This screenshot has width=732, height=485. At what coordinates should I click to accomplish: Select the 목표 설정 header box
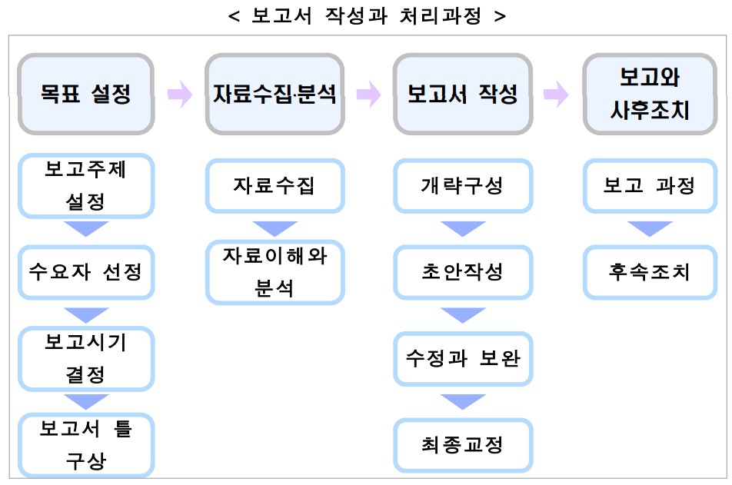pyautogui.click(x=86, y=94)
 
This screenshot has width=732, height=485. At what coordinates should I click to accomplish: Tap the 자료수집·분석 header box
pyautogui.click(x=274, y=94)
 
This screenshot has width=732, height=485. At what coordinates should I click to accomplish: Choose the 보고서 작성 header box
pyautogui.click(x=463, y=94)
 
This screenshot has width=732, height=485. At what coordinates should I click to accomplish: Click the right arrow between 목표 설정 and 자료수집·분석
pyautogui.click(x=180, y=95)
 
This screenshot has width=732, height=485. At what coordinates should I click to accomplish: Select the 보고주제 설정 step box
pyautogui.click(x=86, y=186)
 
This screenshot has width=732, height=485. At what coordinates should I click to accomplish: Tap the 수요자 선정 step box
pyautogui.click(x=86, y=272)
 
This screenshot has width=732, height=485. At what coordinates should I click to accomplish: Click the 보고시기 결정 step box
pyautogui.click(x=86, y=358)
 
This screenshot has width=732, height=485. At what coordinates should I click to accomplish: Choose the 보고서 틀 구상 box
pyautogui.click(x=86, y=445)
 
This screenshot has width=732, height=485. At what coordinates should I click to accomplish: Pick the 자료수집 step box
pyautogui.click(x=274, y=186)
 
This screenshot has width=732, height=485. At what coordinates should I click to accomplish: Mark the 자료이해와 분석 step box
pyautogui.click(x=274, y=272)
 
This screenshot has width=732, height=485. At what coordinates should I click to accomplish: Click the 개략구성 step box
pyautogui.click(x=463, y=186)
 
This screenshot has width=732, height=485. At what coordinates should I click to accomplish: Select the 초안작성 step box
pyautogui.click(x=463, y=272)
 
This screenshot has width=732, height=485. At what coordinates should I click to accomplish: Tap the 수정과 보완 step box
pyautogui.click(x=463, y=358)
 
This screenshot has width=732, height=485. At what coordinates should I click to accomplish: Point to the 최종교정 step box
pyautogui.click(x=463, y=445)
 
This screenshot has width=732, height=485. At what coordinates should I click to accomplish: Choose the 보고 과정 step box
pyautogui.click(x=650, y=186)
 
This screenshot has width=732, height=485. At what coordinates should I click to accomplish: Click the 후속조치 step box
pyautogui.click(x=650, y=272)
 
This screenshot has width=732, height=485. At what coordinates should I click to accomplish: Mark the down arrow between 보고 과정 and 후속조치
pyautogui.click(x=650, y=228)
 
